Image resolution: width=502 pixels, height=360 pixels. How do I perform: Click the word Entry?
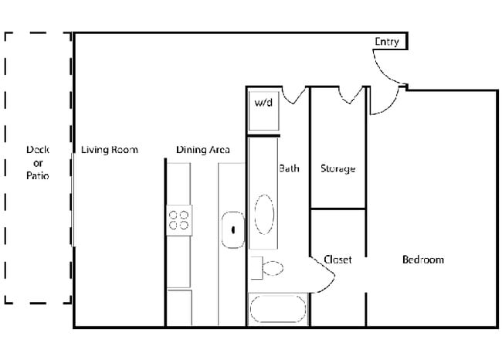pyautogui.click(x=387, y=42)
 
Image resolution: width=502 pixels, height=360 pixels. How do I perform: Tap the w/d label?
pyautogui.click(x=263, y=103)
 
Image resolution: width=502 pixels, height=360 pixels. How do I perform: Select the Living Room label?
pyautogui.click(x=110, y=150)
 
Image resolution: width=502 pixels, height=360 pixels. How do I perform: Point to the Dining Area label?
pyautogui.click(x=202, y=150)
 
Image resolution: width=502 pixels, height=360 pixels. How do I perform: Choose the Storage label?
pyautogui.click(x=337, y=168)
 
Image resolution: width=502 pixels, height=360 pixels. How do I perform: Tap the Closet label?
pyautogui.click(x=337, y=260)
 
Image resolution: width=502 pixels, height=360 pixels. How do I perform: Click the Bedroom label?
pyautogui.click(x=423, y=260)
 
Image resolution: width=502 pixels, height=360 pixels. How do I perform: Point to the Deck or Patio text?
pyautogui.click(x=37, y=163)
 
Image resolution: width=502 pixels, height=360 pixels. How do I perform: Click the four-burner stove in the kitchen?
pyautogui.click(x=179, y=220)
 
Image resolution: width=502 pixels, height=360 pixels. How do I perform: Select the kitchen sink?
pyautogui.click(x=232, y=229)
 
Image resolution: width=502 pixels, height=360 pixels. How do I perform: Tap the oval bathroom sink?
pyautogui.click(x=263, y=214)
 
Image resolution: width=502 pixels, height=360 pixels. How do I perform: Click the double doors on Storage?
pyautogui.click(x=352, y=95)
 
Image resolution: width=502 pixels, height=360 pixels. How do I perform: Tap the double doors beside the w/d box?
pyautogui.click(x=294, y=95)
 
